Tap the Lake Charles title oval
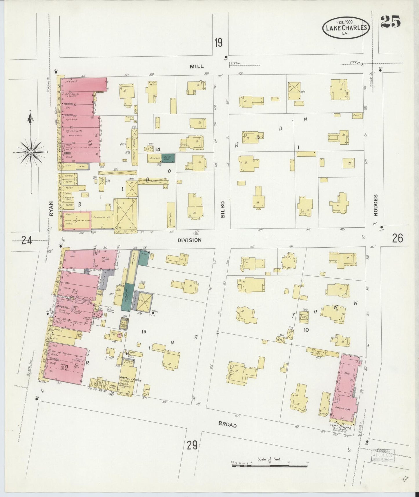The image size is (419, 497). click(x=346, y=28)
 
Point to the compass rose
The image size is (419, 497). click(x=31, y=152)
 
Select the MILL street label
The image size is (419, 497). click(x=197, y=66)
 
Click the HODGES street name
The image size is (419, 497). click(x=376, y=205)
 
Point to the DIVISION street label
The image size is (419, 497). click(x=189, y=240)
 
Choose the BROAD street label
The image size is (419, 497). click(x=228, y=425)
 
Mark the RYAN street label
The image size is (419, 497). click(x=51, y=208)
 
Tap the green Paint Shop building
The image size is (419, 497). click(x=168, y=158)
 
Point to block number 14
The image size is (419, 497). click(x=157, y=150)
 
